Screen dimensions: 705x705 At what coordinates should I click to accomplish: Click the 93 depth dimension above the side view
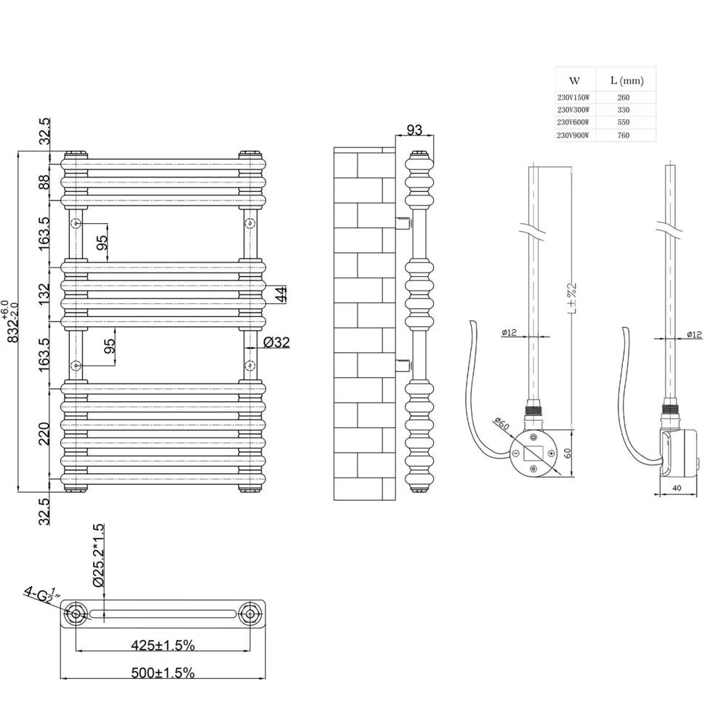(x=414, y=129)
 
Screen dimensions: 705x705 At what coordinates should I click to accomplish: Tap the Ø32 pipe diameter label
(x=276, y=342)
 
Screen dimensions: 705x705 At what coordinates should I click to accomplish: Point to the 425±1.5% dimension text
(x=163, y=645)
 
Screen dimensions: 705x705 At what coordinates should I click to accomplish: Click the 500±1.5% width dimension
(x=163, y=673)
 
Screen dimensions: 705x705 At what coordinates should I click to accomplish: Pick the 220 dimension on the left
(x=44, y=433)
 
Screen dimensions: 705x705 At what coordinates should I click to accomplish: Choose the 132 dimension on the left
(x=44, y=294)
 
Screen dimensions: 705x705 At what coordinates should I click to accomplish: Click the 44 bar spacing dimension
(x=280, y=294)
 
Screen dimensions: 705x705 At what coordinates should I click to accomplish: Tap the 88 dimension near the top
(x=44, y=182)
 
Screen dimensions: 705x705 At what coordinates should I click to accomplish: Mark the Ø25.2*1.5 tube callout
(x=97, y=555)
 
